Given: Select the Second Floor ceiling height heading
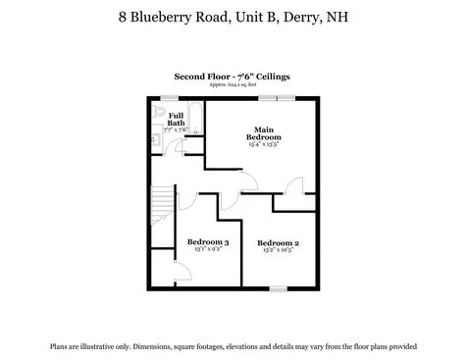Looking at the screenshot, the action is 232,76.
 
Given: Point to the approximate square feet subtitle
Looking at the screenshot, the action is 232,84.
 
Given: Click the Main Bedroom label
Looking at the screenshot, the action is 263,133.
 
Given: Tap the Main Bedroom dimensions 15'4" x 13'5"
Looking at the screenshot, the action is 263,144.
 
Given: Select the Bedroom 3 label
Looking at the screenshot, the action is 208,242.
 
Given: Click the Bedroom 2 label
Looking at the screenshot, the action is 278,242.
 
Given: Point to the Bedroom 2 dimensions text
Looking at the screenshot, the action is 278,250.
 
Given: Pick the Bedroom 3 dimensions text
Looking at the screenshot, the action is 208,250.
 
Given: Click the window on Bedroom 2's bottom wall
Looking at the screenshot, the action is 278,288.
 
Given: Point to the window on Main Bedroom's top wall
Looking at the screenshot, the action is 285,97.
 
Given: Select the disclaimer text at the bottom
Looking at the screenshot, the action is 233,346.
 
